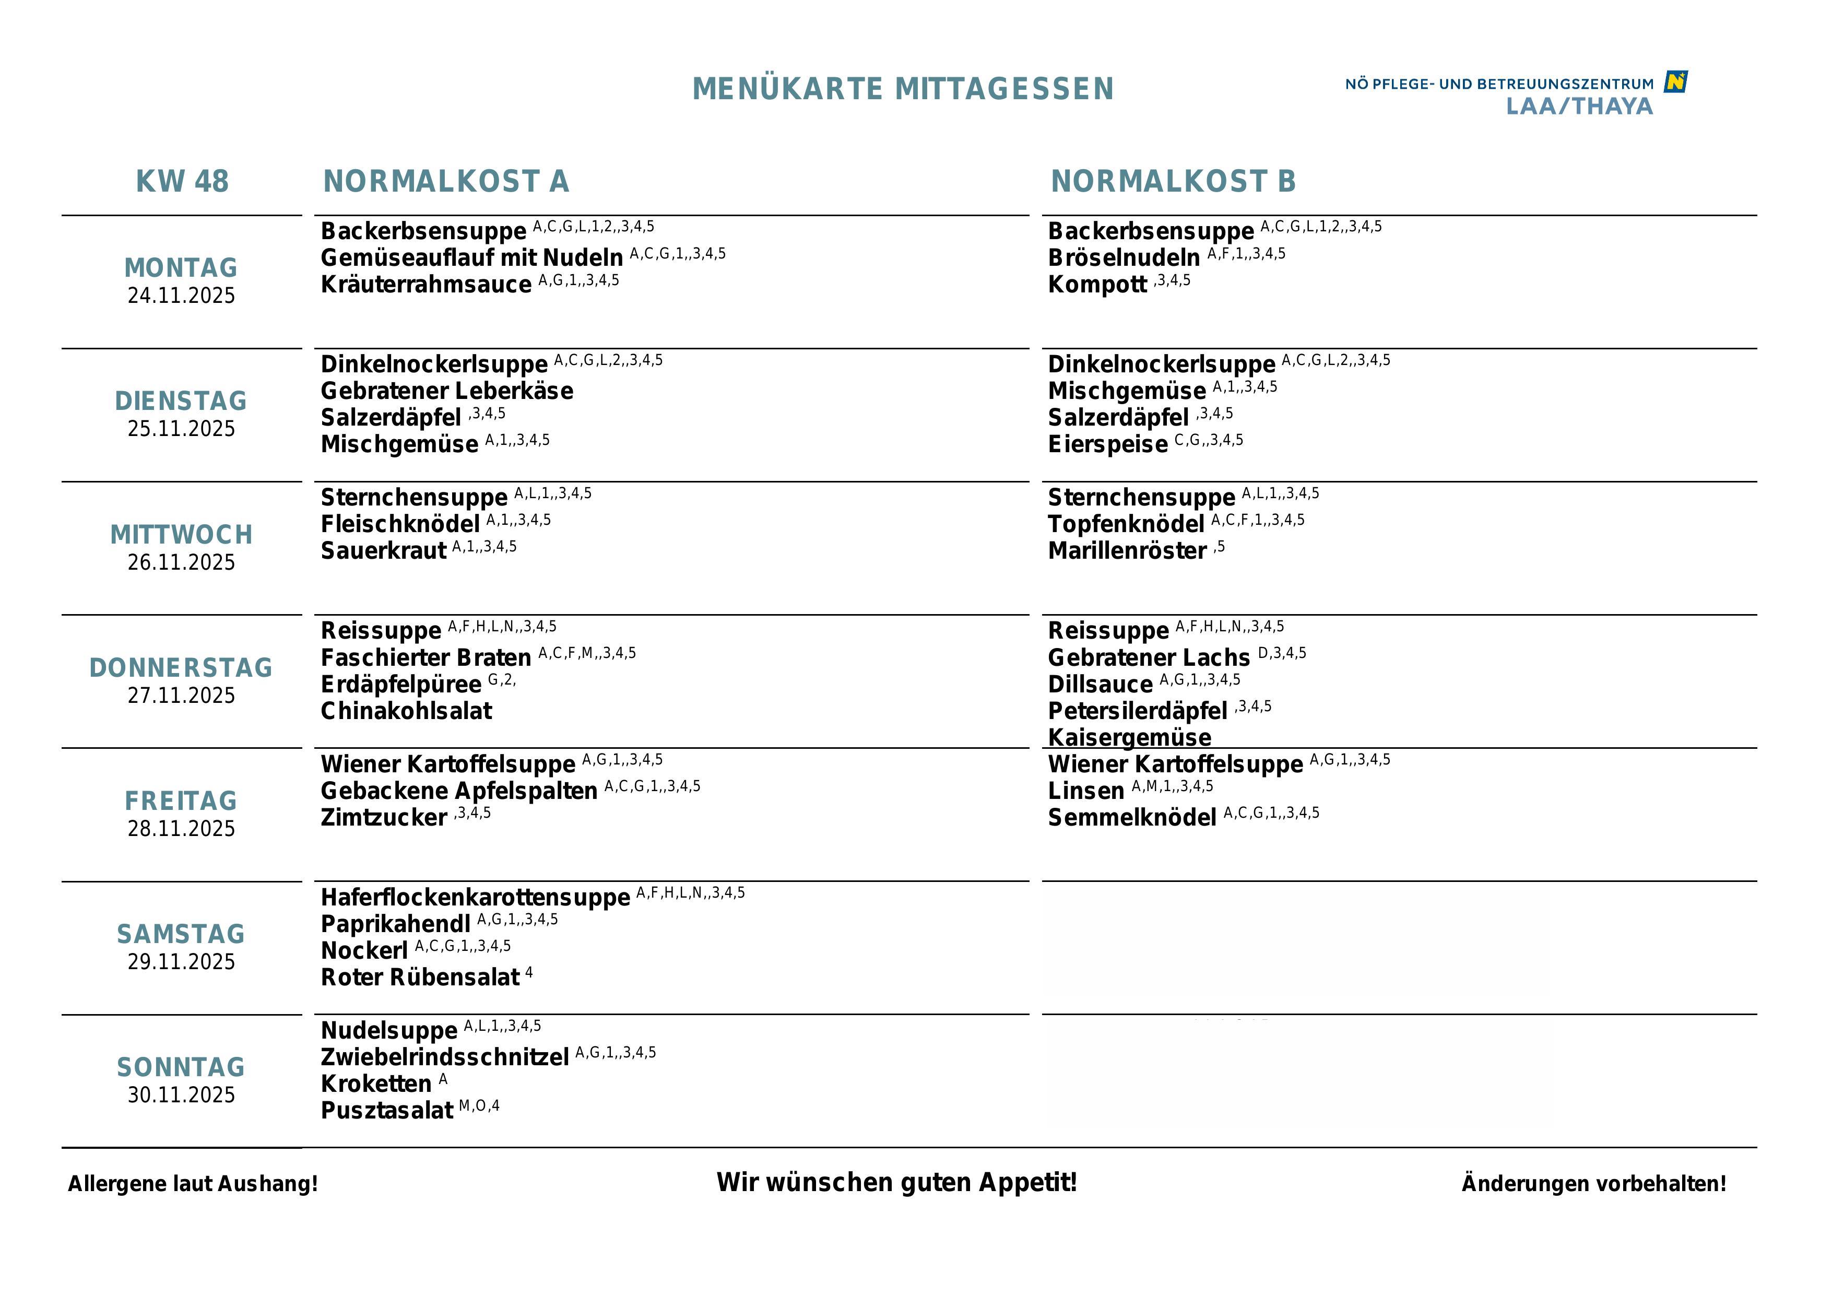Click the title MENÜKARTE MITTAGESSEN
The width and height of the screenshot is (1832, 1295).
click(x=903, y=89)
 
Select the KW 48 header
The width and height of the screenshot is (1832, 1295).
click(x=182, y=181)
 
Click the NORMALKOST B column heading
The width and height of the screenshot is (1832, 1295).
click(x=1173, y=181)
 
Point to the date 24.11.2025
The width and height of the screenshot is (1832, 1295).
click(x=181, y=295)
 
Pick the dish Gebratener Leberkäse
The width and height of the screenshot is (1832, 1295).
click(x=447, y=391)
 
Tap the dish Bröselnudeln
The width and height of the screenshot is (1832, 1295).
click(x=1124, y=258)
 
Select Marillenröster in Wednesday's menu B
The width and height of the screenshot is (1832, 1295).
click(x=1127, y=550)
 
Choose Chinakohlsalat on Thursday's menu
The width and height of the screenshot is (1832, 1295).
click(x=406, y=711)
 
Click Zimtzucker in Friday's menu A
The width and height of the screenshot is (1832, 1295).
click(x=384, y=818)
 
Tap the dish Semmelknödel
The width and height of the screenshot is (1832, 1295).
click(x=1131, y=818)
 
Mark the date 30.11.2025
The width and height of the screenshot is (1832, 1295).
click(x=181, y=1094)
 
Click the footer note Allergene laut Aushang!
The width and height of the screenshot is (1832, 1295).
click(x=192, y=1183)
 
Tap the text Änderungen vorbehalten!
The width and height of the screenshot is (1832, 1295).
click(x=1593, y=1183)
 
